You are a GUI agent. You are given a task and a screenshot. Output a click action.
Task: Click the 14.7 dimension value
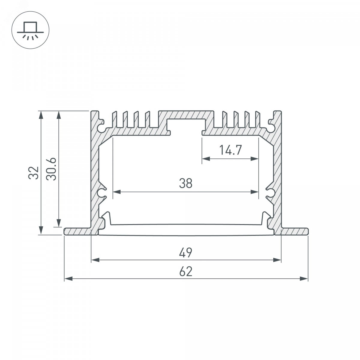230,150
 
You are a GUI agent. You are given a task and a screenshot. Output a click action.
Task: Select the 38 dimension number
185,183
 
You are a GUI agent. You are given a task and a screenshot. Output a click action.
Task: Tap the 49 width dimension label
185,253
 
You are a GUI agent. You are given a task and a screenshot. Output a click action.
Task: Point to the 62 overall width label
186,271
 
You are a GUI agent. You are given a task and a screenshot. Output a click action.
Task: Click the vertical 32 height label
34,173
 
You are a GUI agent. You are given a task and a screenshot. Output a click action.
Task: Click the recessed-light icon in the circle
30,31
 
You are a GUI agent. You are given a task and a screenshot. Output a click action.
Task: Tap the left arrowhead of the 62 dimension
68,279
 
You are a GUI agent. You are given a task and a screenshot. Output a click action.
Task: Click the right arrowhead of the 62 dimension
304,279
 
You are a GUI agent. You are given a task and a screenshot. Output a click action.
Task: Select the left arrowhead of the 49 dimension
95,260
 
